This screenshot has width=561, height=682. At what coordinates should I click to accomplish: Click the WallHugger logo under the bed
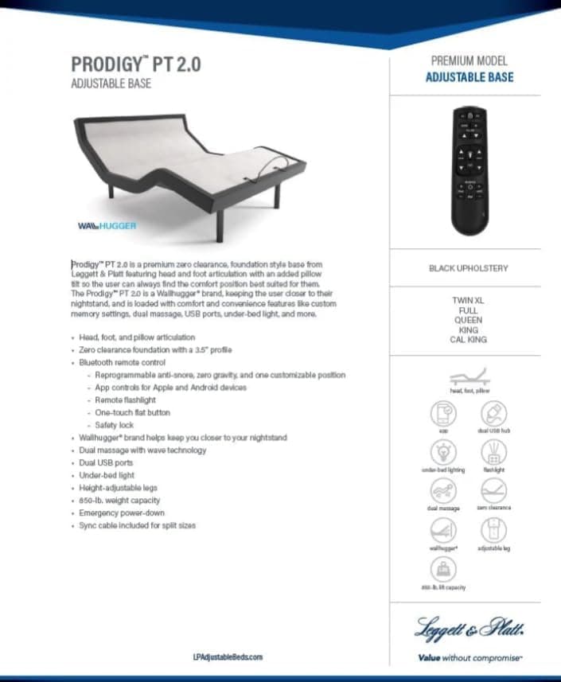click(x=107, y=226)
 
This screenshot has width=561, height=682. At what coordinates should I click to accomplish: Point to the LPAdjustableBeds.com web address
click(x=228, y=657)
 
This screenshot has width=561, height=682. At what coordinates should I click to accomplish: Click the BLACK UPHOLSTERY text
click(x=469, y=268)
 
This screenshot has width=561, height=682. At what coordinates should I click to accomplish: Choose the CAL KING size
click(x=469, y=340)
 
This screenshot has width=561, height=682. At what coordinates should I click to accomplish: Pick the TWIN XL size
click(x=469, y=301)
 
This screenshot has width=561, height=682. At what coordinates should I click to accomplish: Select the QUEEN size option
click(x=469, y=320)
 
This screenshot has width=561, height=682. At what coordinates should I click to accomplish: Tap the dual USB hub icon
click(x=493, y=414)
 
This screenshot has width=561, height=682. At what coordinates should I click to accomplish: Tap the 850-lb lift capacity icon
click(x=443, y=569)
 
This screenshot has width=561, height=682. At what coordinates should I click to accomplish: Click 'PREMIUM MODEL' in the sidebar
click(x=469, y=60)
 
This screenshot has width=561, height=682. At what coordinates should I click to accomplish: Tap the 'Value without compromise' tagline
click(x=469, y=658)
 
